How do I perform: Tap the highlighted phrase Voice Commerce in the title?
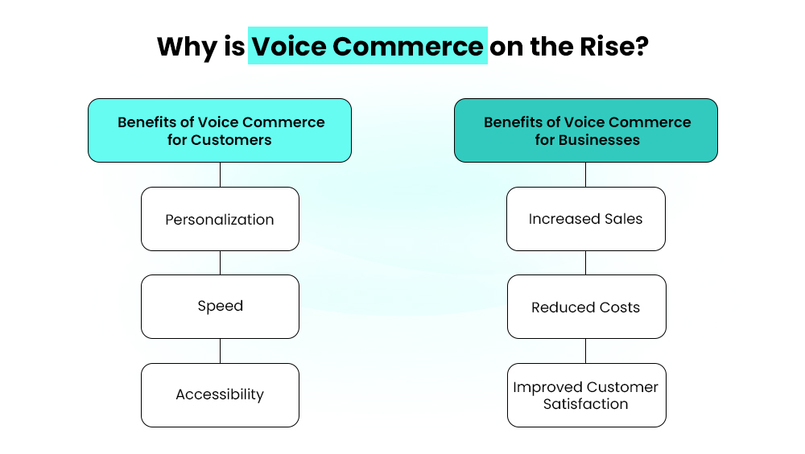[367, 46]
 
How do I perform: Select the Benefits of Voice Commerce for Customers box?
[220, 130]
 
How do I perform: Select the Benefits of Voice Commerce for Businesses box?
[586, 130]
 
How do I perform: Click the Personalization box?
[220, 219]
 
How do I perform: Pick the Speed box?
[220, 306]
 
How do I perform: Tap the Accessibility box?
[220, 394]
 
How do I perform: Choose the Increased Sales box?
[586, 219]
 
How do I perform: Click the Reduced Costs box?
[586, 307]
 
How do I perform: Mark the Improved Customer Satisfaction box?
[586, 395]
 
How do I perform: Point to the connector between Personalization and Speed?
[220, 262]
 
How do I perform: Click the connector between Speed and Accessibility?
[220, 351]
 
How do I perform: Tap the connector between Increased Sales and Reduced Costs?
[586, 262]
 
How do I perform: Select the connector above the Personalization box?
[220, 175]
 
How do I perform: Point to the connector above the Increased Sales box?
[586, 175]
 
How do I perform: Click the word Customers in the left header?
[232, 140]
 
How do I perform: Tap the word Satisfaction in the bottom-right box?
[586, 404]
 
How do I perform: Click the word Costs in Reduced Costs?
[620, 307]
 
